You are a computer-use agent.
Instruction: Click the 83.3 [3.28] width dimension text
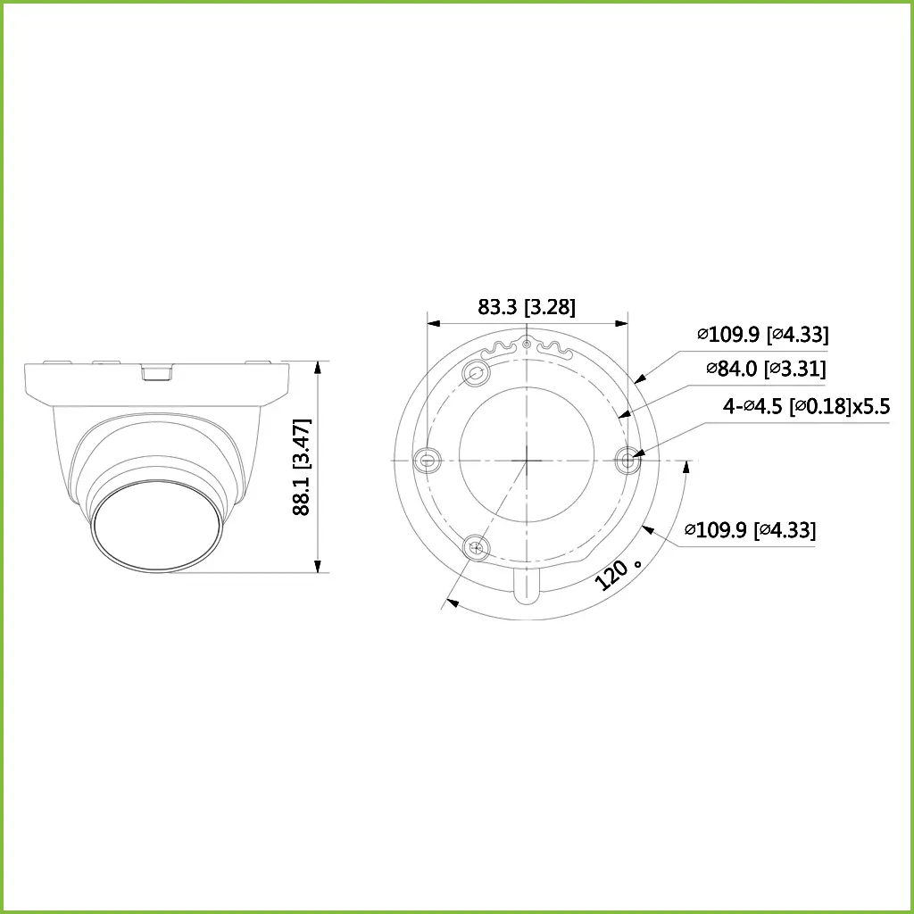click(x=527, y=307)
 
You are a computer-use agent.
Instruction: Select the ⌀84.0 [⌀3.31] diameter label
click(x=765, y=369)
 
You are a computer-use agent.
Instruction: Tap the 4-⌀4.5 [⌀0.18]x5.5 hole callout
click(x=806, y=406)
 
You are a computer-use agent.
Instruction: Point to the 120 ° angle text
click(x=619, y=571)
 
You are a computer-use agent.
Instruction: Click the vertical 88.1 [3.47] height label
click(x=302, y=466)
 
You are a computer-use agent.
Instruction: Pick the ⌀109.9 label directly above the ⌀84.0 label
click(x=762, y=335)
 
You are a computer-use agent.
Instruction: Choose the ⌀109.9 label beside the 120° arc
click(x=750, y=530)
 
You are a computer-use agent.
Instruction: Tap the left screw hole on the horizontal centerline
click(x=428, y=461)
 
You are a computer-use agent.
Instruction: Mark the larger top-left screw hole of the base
click(x=478, y=373)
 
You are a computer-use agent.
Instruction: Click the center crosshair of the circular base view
click(x=528, y=461)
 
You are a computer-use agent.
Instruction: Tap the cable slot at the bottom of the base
click(x=528, y=585)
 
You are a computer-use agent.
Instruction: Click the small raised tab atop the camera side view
click(x=157, y=370)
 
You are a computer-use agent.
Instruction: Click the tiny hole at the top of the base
click(x=528, y=344)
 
